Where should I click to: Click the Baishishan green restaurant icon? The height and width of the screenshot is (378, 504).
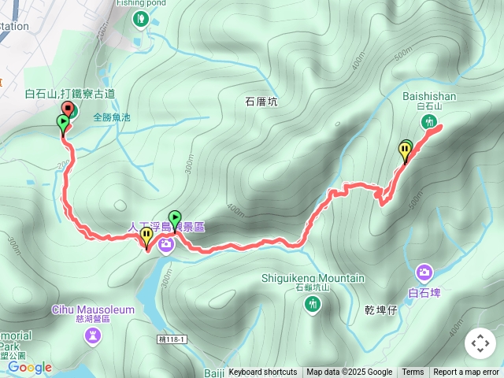click(429, 121)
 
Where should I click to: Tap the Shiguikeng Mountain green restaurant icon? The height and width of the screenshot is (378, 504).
click(313, 303)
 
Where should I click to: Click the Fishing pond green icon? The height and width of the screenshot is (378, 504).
click(140, 18)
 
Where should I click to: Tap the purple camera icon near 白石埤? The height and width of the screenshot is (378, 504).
click(424, 272)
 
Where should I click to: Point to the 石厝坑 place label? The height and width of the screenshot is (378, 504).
click(261, 102)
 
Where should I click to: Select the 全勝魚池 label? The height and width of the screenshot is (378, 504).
click(111, 118)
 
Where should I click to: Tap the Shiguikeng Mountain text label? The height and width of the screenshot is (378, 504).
click(313, 278)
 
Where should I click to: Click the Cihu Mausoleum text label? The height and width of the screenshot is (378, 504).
click(94, 309)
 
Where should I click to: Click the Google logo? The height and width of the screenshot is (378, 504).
click(30, 367)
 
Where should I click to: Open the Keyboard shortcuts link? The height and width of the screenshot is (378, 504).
click(263, 372)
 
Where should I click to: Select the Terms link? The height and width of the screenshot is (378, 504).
click(413, 372)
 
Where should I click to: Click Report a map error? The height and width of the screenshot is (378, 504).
click(465, 372)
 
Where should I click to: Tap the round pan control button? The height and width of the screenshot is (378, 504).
click(480, 343)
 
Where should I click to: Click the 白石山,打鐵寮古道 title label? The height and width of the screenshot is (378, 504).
click(70, 94)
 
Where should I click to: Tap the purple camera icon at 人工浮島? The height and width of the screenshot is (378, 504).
click(166, 245)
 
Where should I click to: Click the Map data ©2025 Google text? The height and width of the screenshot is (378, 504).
click(350, 372)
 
